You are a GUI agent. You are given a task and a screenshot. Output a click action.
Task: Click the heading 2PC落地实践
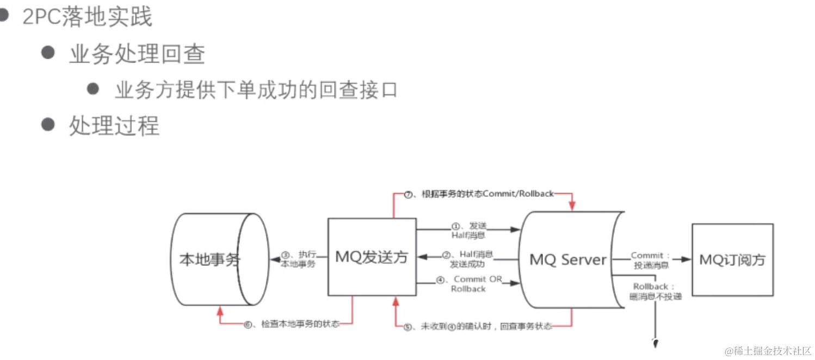coord(87,17)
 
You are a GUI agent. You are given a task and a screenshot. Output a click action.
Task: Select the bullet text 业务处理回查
coord(137,54)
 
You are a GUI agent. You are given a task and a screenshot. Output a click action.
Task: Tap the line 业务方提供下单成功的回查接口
coord(256,90)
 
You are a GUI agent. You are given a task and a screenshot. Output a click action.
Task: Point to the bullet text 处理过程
coord(114,126)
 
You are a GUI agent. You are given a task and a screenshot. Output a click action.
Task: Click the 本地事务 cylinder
coord(210,259)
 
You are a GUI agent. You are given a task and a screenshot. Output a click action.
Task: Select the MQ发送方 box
coord(372,257)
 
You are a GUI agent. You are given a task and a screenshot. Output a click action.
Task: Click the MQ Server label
coord(568,259)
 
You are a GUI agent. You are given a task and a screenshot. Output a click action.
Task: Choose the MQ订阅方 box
coord(732,259)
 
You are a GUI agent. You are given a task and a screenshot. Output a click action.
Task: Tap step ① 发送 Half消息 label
coord(468,231)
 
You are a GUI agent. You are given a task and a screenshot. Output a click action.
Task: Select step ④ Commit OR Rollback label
coord(469,284)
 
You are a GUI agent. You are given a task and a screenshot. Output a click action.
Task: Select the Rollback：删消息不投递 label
coord(655,291)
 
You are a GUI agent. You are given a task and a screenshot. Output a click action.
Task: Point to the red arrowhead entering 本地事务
coord(220,311)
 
